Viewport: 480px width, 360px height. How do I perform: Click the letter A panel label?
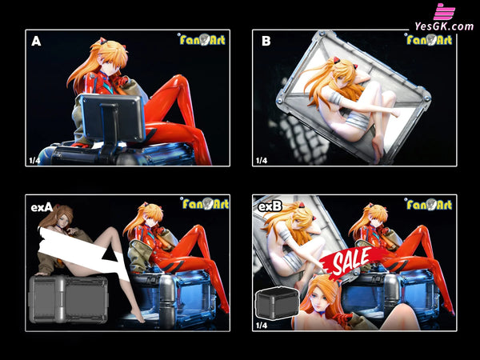(x=36, y=42)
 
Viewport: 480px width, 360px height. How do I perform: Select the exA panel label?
(x=42, y=207)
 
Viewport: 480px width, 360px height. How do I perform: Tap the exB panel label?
(x=269, y=207)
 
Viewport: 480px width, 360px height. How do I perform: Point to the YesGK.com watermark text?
(x=444, y=26)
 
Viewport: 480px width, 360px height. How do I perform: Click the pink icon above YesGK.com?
(x=444, y=11)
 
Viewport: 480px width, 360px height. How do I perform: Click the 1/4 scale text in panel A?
(x=34, y=160)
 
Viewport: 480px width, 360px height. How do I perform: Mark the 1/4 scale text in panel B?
(x=261, y=160)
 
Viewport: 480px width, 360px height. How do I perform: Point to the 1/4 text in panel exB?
(x=261, y=325)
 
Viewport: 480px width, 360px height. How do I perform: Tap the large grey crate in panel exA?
(x=68, y=298)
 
